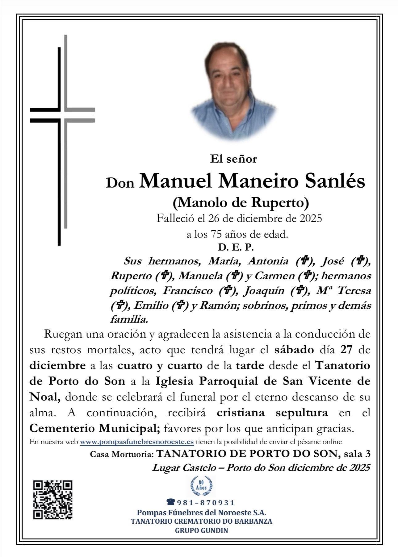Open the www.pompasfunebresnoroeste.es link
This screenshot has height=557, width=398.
pos(137,442)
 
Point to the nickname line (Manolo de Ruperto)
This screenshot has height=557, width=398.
pos(241,202)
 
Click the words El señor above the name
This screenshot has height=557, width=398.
pos(233,159)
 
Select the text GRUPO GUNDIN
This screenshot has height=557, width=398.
pos(201,530)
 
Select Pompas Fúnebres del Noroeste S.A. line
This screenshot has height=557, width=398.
pos(201,513)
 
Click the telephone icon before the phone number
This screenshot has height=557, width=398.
pos(170,502)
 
